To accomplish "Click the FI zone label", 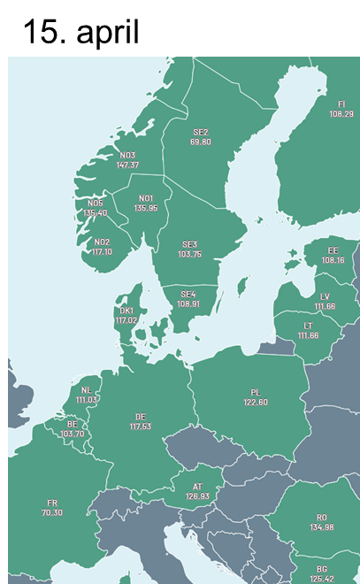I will pos(341,104).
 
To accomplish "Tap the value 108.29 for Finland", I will pos(341,114).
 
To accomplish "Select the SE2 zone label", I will pos(201,132).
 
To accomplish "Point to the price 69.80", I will pos(201,142).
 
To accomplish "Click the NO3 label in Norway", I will pos(127,156).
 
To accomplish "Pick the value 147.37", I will pos(127,165).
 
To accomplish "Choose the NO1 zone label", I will pos(146,198).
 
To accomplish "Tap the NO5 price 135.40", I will pos(96,213).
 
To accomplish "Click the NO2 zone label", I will pos(102,242).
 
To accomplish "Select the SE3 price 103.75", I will pos(189,254).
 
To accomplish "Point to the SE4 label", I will pos(188,294).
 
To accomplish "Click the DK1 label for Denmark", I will pos(126,311).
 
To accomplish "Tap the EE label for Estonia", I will pos(333,250).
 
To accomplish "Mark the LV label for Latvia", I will pos(325,296).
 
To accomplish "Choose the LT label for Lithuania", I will pos(308,326).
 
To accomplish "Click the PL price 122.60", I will pos(256,402).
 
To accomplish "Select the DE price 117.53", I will pos(141,426).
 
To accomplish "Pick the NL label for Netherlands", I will pos(86,390).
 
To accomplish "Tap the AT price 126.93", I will pos(198,496).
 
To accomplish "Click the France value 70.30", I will pos(52,513).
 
